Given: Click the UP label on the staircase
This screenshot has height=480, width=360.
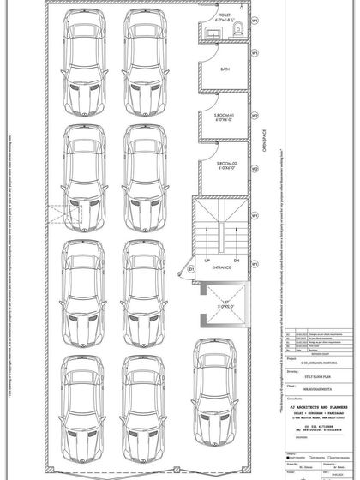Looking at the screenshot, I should click(207, 259).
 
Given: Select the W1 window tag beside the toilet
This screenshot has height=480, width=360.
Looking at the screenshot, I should click(255, 18).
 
